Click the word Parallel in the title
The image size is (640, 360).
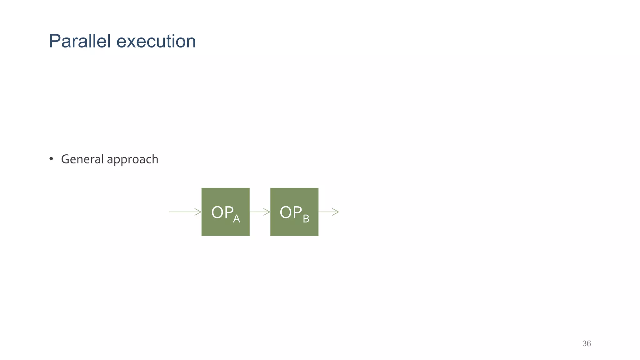pyautogui.click(x=80, y=41)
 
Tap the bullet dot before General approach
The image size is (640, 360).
pyautogui.click(x=51, y=159)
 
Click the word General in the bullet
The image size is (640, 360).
pyautogui.click(x=82, y=159)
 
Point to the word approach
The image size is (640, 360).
pyautogui.click(x=132, y=160)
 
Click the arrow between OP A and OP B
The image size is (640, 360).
pyautogui.click(x=260, y=212)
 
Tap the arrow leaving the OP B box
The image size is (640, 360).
pyautogui.click(x=328, y=212)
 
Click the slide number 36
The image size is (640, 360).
pyautogui.click(x=586, y=343)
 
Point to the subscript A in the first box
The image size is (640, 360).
pyautogui.click(x=237, y=218)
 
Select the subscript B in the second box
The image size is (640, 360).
pyautogui.click(x=306, y=218)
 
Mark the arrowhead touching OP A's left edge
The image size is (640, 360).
pyautogui.click(x=198, y=212)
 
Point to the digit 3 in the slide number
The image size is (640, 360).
pyautogui.click(x=584, y=343)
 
